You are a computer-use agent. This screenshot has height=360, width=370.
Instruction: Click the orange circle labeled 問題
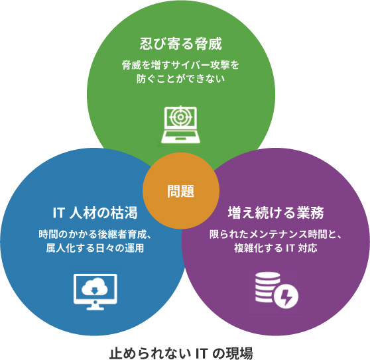pyautogui.click(x=181, y=191)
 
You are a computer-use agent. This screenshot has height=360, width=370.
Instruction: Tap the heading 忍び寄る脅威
pyautogui.click(x=181, y=44)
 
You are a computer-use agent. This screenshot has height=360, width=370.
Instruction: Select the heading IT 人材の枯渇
pyautogui.click(x=95, y=213)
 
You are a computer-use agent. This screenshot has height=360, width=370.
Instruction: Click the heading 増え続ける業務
pyautogui.click(x=276, y=213)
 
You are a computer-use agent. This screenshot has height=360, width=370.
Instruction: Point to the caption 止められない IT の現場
pyautogui.click(x=181, y=353)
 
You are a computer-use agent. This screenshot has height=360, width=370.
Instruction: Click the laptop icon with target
pyautogui.click(x=181, y=125)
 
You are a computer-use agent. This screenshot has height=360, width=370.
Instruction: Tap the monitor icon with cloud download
pyautogui.click(x=95, y=292)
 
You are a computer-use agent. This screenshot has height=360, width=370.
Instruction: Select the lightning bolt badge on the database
pyautogui.click(x=286, y=296)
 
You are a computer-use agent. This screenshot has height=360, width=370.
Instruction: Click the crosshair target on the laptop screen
pyautogui.click(x=181, y=117)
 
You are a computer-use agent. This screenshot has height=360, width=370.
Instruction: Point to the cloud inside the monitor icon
pyautogui.click(x=95, y=286)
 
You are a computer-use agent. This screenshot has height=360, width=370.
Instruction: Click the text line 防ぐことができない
pyautogui.click(x=181, y=79)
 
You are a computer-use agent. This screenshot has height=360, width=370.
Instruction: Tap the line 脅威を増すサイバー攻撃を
pyautogui.click(x=181, y=65)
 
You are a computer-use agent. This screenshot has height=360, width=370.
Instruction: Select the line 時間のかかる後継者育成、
pyautogui.click(x=95, y=234)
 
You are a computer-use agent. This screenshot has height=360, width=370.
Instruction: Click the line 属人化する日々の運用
pyautogui.click(x=95, y=248)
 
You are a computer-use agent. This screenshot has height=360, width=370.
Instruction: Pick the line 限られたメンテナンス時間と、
pyautogui.click(x=276, y=234)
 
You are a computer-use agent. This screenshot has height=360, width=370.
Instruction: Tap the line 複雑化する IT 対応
pyautogui.click(x=276, y=248)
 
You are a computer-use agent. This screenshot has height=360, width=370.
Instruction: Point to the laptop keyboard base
pyautogui.click(x=181, y=137)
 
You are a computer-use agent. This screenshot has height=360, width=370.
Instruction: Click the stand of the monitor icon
pyautogui.click(x=95, y=306)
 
